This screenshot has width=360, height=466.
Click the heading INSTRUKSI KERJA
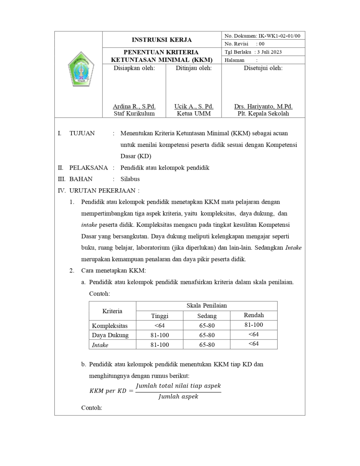[162, 40]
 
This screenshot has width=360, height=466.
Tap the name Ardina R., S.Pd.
[134, 106]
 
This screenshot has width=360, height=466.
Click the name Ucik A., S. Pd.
[194, 106]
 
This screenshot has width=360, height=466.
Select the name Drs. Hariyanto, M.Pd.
[263, 106]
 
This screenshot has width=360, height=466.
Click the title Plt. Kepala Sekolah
[263, 113]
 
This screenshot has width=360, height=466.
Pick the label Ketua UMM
[194, 113]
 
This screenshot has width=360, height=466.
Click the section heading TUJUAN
[82, 133]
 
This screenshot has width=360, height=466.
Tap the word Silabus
[130, 179]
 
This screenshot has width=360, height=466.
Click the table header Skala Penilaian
[206, 306]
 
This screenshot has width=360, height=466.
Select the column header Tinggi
[160, 316]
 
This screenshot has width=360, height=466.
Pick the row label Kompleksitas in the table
[110, 326]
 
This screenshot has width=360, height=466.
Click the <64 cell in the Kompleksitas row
[160, 326]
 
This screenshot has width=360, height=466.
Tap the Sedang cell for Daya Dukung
[207, 335]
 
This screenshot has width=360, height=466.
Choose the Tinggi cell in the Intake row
[160, 345]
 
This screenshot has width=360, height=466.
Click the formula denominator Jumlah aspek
[178, 397]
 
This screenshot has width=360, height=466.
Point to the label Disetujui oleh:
[263, 68]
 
